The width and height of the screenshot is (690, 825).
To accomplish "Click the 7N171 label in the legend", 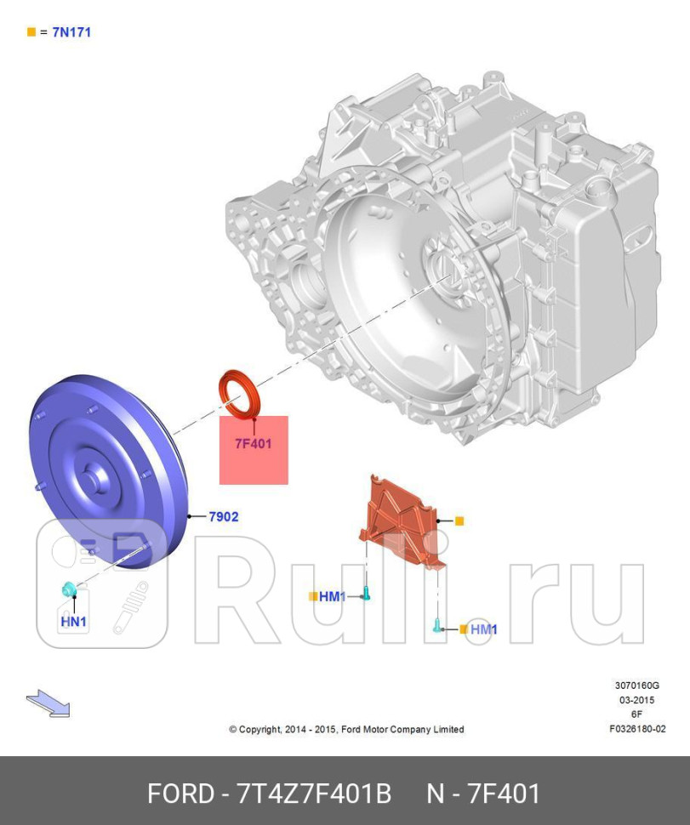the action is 71,32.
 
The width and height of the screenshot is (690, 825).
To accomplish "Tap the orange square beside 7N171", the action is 31,32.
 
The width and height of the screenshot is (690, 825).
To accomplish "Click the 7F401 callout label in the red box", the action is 254,443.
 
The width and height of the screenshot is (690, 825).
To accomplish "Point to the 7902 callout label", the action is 224,516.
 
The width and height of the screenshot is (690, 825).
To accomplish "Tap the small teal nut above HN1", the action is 68,589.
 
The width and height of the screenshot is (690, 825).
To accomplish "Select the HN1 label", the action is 74,622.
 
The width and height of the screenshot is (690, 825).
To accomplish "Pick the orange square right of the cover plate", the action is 459,521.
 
